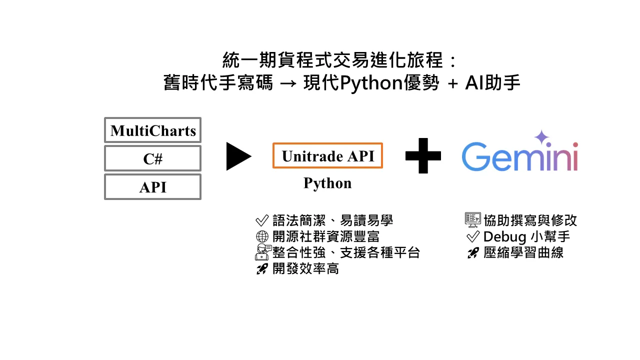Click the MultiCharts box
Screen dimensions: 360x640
coord(152,131)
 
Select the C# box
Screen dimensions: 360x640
coord(152,159)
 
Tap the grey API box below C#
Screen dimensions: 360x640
coord(152,187)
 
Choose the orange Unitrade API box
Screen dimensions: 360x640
coord(327,156)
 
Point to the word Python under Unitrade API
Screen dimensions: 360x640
coord(327,183)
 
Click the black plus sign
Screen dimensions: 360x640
coord(423,156)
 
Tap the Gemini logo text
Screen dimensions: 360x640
coord(519,156)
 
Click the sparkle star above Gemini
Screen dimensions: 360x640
coord(541,137)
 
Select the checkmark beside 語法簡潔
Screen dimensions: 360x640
coord(262,220)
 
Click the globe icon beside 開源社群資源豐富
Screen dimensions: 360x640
coord(262,236)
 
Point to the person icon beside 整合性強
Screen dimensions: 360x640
coord(262,252)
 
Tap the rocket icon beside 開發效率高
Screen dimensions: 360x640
coord(262,269)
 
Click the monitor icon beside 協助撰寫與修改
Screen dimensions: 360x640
coord(472,220)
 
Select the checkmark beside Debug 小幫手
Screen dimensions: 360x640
coord(472,236)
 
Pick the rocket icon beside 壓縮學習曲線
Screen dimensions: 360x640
coord(472,253)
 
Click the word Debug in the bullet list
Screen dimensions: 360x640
coord(501,236)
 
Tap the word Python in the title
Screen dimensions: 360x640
coord(371,83)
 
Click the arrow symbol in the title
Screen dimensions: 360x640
coord(288,83)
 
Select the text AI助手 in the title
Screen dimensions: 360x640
coord(492,83)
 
